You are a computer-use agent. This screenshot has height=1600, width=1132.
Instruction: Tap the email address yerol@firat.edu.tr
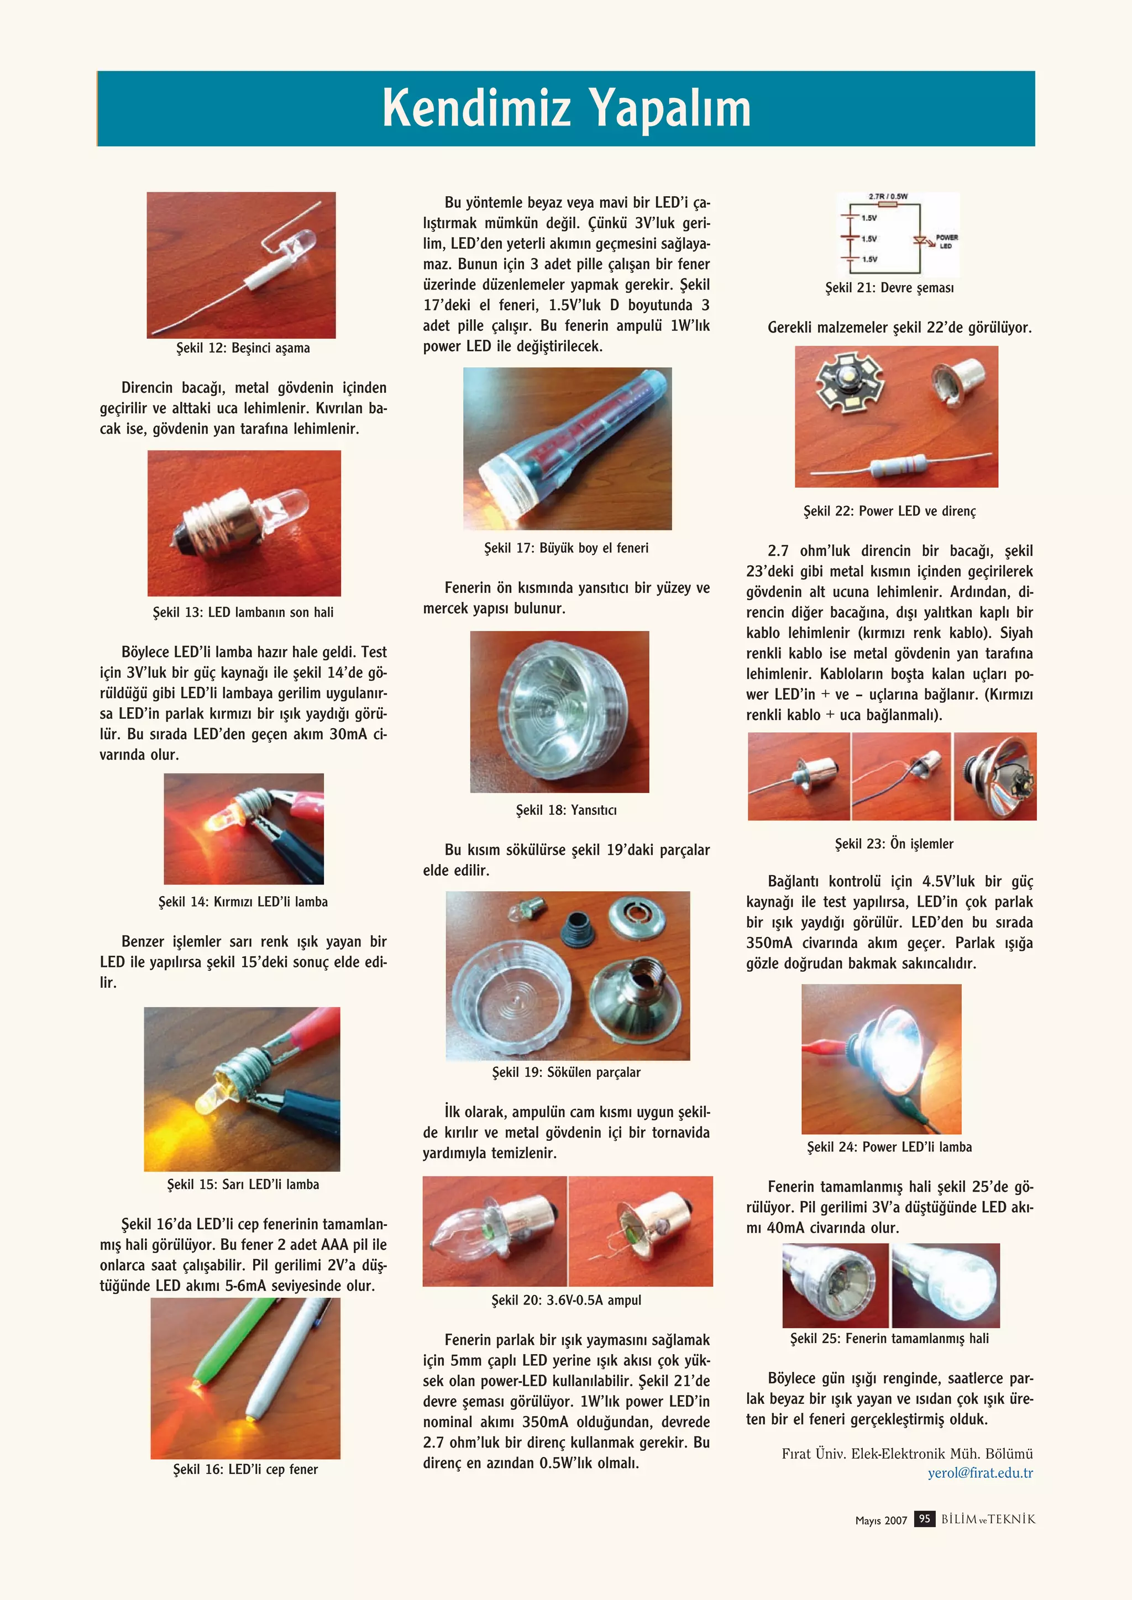tap(979, 1472)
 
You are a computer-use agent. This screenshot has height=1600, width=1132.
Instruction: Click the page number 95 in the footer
tap(924, 1518)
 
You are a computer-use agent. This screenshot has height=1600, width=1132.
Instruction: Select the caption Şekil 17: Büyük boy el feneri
tap(566, 548)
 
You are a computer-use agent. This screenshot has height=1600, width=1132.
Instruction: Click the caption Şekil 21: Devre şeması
tap(889, 288)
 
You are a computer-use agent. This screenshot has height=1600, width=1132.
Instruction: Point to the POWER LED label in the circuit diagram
tap(946, 241)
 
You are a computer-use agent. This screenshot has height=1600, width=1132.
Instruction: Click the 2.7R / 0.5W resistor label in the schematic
tap(888, 197)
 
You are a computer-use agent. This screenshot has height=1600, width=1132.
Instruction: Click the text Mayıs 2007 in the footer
tap(881, 1520)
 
